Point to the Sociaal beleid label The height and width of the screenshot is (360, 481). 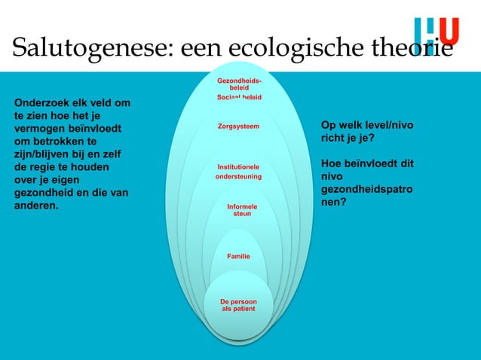coord(240,98)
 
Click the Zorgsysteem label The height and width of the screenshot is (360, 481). coord(238,127)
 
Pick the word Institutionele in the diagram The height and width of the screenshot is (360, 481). coord(238,166)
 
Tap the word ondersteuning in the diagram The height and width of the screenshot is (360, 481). coord(238,176)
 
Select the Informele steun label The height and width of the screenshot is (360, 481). coord(241,210)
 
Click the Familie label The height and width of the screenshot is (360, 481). coord(238,257)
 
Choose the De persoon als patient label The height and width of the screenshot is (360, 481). coord(238,305)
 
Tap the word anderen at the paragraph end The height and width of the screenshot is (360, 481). coord(35,206)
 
